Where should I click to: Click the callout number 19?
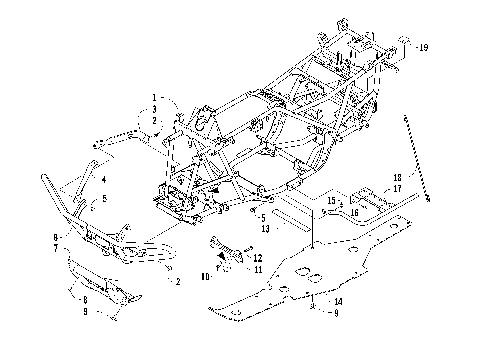click(424, 48)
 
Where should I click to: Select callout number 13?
click(264, 228)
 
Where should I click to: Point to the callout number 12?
click(257, 258)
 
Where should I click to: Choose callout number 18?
click(397, 178)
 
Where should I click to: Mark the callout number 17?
click(397, 188)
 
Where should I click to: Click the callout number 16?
click(355, 211)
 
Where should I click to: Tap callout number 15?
click(331, 200)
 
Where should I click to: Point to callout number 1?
click(155, 97)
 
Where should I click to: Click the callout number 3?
click(155, 108)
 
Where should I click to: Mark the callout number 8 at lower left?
click(84, 299)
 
